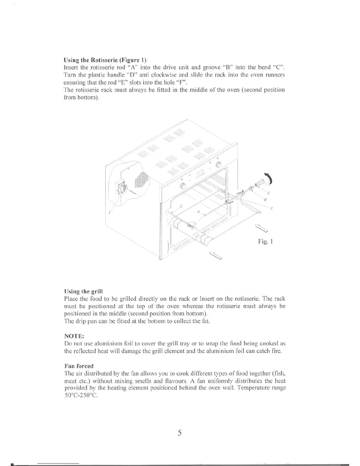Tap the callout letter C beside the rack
(x=272, y=209)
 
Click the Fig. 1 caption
(x=266, y=242)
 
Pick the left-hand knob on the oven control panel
(x=183, y=185)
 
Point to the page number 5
(x=180, y=433)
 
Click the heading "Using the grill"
(x=83, y=292)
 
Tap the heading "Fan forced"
(x=79, y=366)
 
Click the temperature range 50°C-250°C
(x=81, y=395)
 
